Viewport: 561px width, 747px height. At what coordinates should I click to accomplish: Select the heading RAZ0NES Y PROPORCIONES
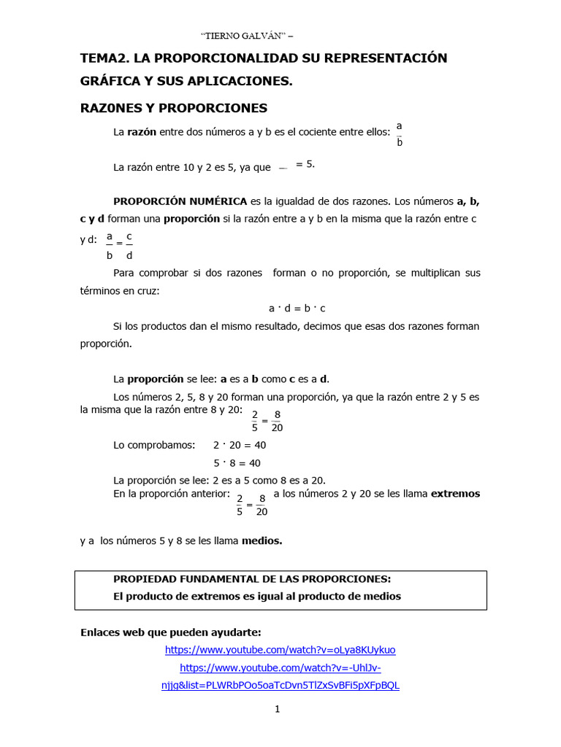point(174,108)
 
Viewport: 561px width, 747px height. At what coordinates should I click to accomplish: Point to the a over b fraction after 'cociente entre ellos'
point(400,134)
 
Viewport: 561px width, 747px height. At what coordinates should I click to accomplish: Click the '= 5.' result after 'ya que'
point(305,164)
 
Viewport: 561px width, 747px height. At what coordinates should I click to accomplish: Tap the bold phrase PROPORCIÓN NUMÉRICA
point(180,201)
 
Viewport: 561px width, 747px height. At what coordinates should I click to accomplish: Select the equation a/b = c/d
point(119,246)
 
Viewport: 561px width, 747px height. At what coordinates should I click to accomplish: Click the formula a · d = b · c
point(297,309)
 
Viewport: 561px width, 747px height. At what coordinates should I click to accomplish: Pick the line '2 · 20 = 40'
point(239,445)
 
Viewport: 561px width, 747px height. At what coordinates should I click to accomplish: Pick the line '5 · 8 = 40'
point(237,463)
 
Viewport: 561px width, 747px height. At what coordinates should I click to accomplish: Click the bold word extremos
point(455,494)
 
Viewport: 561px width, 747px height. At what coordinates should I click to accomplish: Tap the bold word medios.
point(262,541)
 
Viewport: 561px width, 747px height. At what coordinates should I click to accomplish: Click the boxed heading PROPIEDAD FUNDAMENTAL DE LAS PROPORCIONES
point(252,579)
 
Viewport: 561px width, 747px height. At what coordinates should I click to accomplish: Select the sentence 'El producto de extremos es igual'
point(256,597)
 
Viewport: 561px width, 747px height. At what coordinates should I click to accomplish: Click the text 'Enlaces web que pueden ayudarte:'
point(170,632)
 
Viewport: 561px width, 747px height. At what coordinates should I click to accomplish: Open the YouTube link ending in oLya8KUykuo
point(280,650)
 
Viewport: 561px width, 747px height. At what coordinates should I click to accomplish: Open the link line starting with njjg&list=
point(280,686)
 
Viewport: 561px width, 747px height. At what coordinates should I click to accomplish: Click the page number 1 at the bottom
point(278,709)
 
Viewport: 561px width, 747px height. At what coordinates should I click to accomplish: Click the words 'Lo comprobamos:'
point(154,445)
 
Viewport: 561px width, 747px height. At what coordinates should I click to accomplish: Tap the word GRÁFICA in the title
point(114,82)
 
